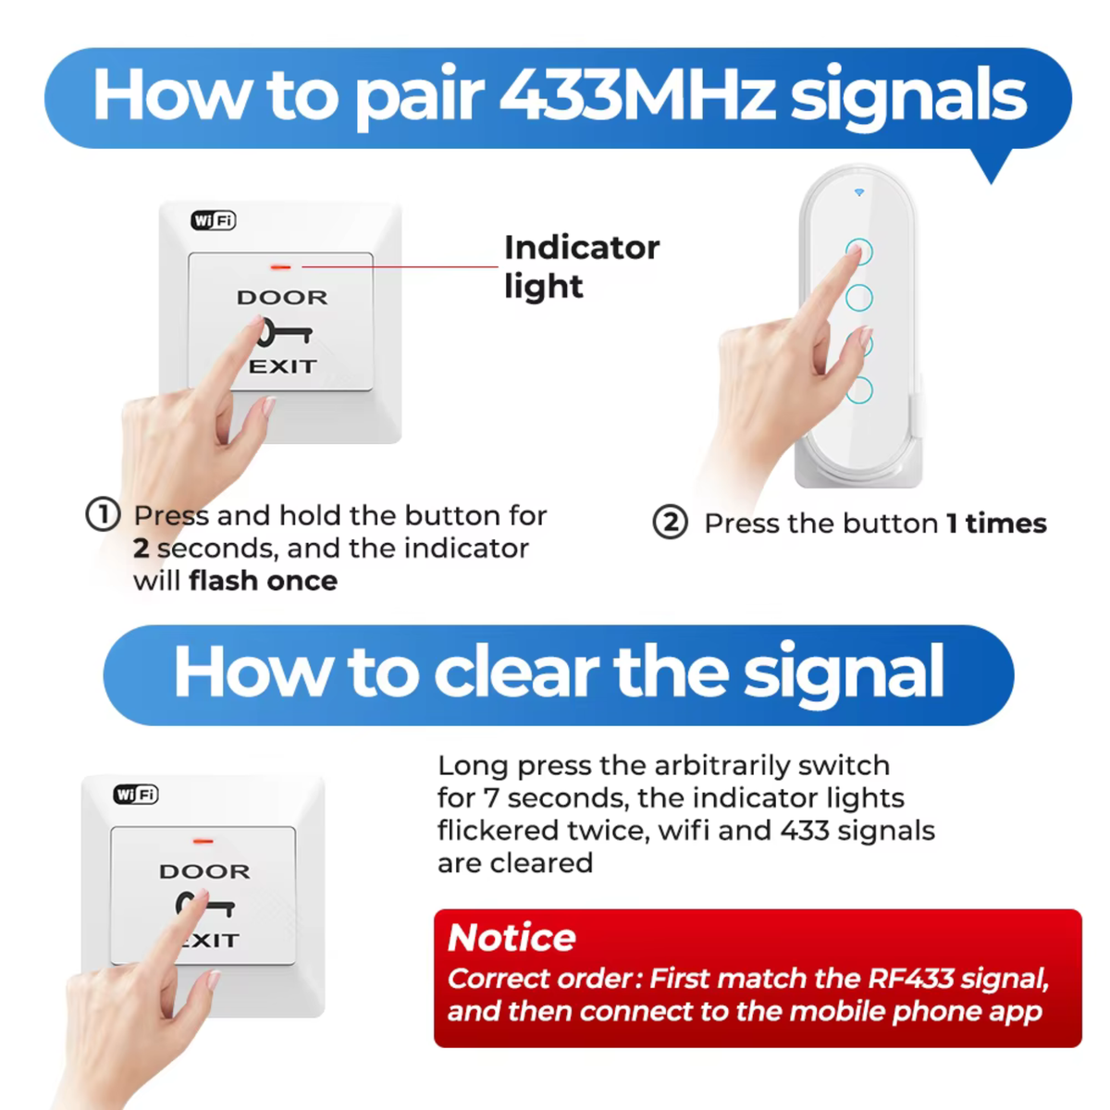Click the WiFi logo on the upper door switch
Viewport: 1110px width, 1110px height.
coord(213,220)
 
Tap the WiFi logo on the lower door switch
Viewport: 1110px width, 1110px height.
coord(136,795)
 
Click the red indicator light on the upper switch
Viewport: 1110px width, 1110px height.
coord(281,267)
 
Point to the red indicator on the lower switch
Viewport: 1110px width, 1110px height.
coord(203,841)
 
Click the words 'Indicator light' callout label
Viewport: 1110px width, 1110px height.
coord(582,266)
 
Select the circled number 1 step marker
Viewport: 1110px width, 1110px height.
coord(103,514)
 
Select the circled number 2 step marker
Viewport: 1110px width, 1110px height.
coord(670,523)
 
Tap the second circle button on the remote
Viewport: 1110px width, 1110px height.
coord(858,298)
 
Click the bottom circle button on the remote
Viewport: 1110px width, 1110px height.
coord(859,390)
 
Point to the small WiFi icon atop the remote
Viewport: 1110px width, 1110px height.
coord(858,192)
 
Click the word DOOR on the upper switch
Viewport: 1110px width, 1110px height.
coord(282,298)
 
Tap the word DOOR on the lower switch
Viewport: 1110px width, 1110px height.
coord(205,871)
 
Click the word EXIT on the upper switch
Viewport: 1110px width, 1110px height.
coord(283,366)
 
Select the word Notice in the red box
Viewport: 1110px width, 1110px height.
coord(512,938)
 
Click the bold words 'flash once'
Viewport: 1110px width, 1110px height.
coord(264,581)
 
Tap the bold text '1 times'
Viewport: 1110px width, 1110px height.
coord(996,524)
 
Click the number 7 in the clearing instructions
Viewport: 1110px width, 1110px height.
coord(490,798)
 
